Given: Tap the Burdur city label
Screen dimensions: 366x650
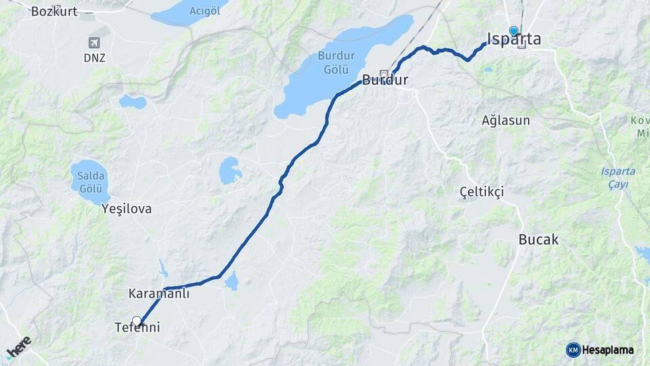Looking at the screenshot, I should click(385, 80).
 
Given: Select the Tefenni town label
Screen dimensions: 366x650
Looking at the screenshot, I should click(137, 328).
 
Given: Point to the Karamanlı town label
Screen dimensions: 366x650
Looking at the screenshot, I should click(158, 294).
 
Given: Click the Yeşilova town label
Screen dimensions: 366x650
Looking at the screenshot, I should click(126, 209).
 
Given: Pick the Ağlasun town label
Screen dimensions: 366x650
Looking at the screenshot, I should click(506, 120).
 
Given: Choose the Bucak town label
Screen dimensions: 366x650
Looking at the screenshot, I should click(538, 239).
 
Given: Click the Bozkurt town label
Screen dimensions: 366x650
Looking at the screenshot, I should click(54, 11).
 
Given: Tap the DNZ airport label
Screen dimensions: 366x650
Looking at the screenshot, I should click(95, 58).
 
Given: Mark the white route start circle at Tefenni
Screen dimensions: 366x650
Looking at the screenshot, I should click(137, 321).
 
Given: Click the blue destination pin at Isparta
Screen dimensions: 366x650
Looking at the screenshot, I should click(514, 31).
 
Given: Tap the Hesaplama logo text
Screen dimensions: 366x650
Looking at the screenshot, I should click(608, 350).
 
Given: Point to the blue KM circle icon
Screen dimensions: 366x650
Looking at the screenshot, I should click(573, 350).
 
